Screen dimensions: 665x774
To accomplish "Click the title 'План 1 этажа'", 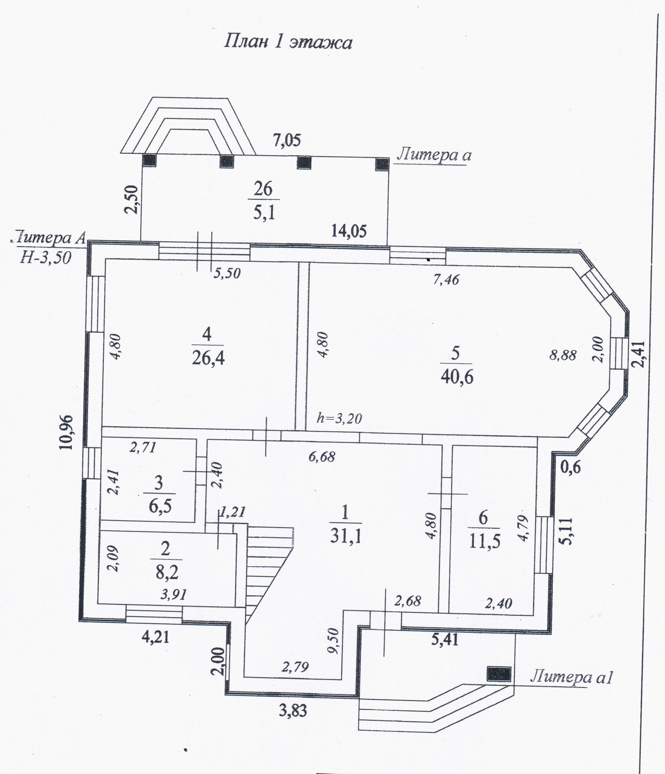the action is [288, 42].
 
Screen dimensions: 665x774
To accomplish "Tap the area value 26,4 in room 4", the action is [208, 359].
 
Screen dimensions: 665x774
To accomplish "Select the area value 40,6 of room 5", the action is [457, 377].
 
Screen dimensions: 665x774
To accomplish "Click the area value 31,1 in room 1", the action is [346, 537].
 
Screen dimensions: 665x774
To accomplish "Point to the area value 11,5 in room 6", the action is [484, 541].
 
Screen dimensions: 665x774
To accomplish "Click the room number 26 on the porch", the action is [263, 189].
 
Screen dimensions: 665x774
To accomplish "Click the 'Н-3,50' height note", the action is [45, 257].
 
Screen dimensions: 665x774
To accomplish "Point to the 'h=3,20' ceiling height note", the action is [339, 418].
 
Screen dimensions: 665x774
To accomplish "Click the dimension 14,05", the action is [349, 231].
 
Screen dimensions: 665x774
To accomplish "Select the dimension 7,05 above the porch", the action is [286, 140].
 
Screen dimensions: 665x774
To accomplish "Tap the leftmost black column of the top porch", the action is [150, 161].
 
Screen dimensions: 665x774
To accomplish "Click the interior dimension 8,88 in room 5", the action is [563, 355].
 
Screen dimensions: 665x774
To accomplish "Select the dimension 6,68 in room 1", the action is [322, 456].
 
